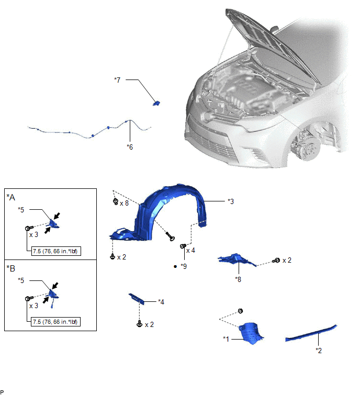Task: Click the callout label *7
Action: pos(117,80)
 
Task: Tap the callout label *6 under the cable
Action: pos(130,147)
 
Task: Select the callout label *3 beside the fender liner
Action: pos(231,201)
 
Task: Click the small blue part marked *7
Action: pos(156,103)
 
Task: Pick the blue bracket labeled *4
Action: pos(137,299)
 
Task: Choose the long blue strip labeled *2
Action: pos(311,333)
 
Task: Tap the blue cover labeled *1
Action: pos(250,333)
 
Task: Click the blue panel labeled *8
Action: pos(237,259)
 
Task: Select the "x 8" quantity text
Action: pos(124,204)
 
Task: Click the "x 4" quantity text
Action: pos(190,251)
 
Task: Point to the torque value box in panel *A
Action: pos(56,251)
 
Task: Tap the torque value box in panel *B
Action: pos(55,322)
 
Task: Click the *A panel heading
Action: pos(11,197)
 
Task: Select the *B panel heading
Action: pos(11,268)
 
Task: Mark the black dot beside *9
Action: pos(175,266)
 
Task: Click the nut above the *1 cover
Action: pos(240,311)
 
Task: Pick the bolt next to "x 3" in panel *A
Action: pos(29,228)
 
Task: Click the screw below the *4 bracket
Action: pos(139,324)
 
